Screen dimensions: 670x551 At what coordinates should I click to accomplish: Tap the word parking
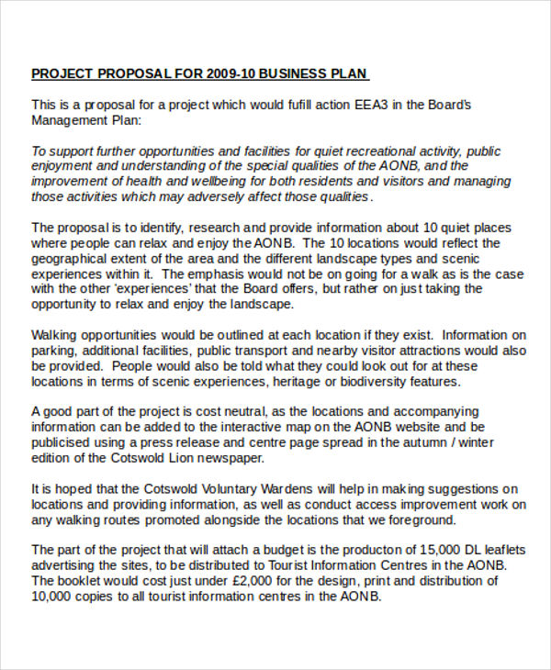point(53,351)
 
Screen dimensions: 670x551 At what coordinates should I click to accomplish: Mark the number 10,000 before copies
point(51,596)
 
